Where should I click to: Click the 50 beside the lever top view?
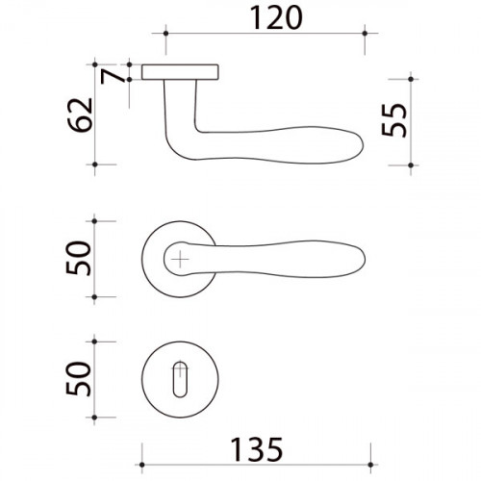84,259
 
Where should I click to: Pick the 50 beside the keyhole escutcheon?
84,379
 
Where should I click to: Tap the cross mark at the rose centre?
180,257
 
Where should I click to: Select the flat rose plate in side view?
181,71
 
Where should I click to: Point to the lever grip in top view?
308,257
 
